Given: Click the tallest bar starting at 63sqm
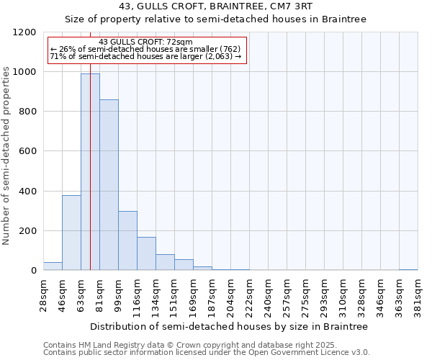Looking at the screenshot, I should pyautogui.click(x=90, y=172).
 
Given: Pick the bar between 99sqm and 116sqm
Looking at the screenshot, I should pyautogui.click(x=127, y=240).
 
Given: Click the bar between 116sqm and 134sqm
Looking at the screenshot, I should pyautogui.click(x=146, y=253).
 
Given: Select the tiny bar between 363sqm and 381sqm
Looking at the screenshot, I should pyautogui.click(x=408, y=269).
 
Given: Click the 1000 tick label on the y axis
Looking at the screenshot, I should pyautogui.click(x=24, y=72).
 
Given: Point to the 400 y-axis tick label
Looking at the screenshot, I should pyautogui.click(x=27, y=192).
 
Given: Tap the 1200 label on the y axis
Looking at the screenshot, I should pyautogui.click(x=24, y=32).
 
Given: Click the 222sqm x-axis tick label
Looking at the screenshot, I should pyautogui.click(x=249, y=294).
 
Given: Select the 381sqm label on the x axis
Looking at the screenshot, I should pyautogui.click(x=418, y=294).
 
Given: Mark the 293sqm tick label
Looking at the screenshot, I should pyautogui.click(x=324, y=294).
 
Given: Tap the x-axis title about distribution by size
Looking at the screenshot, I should pyautogui.click(x=230, y=326).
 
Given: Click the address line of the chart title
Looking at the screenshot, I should pyautogui.click(x=216, y=7).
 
